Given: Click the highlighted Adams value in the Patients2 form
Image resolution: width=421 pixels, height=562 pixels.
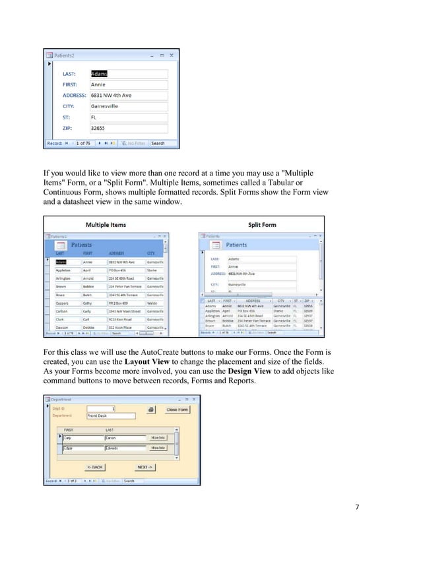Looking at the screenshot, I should [99, 74].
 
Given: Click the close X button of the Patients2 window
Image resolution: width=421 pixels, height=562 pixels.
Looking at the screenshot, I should [173, 55].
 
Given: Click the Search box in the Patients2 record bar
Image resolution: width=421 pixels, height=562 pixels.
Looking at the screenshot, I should [159, 143].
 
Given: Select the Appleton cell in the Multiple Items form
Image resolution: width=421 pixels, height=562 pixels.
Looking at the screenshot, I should [63, 270].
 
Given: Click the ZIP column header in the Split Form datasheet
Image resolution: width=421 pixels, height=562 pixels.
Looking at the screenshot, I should [308, 300].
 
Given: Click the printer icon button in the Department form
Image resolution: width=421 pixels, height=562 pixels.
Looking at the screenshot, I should [151, 410].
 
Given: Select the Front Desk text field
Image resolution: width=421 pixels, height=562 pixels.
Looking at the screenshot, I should [110, 416].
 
